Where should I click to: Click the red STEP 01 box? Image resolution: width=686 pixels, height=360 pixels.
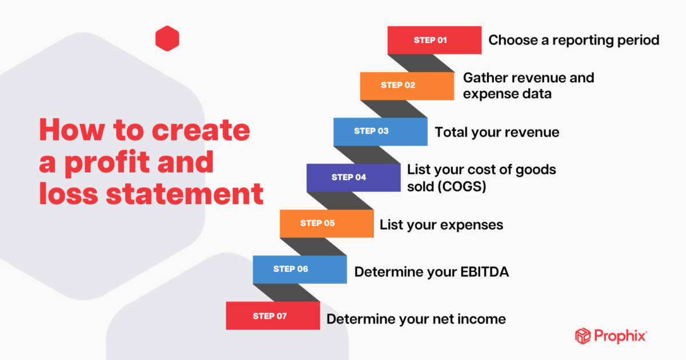(x=434, y=40)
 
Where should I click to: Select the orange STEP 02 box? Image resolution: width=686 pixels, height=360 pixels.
(x=407, y=86)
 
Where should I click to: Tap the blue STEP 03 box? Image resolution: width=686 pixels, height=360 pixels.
(x=380, y=131)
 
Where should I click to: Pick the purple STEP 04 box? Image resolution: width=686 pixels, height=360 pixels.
(x=353, y=178)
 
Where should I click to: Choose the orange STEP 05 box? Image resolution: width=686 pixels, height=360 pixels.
(x=326, y=223)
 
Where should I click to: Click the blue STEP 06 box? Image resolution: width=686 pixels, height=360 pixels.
(x=300, y=269)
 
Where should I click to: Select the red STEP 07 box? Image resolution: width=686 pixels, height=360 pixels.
(x=273, y=315)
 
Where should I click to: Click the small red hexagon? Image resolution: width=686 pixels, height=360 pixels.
(x=167, y=39)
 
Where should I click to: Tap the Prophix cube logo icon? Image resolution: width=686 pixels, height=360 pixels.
(x=583, y=336)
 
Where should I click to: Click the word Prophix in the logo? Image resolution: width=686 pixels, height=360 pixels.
(x=620, y=336)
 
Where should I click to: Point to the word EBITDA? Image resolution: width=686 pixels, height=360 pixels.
(x=485, y=272)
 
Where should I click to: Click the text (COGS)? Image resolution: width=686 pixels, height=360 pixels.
(x=462, y=186)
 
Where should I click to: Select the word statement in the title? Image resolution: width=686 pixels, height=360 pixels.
(x=185, y=194)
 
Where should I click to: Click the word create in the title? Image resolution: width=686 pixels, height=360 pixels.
(x=201, y=130)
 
